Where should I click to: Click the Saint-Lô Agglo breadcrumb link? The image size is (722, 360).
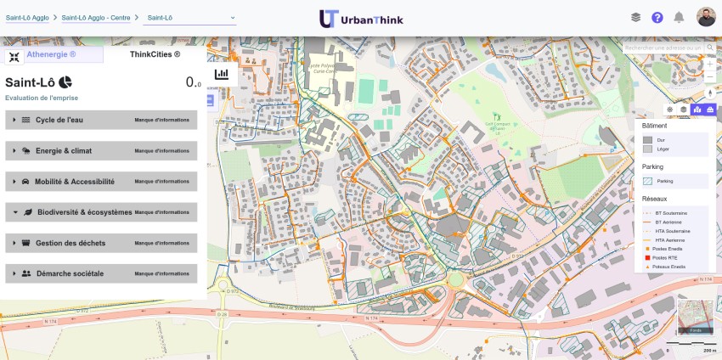tap(27, 17)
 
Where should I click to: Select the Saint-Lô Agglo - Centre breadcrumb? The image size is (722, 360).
tap(96, 17)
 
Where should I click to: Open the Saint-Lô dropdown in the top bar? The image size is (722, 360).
tap(189, 17)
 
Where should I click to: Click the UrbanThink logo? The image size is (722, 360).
tap(361, 19)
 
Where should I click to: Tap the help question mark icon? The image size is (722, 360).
tap(657, 18)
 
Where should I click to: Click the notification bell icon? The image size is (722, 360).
tap(679, 18)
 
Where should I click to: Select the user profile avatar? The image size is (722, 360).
tap(706, 18)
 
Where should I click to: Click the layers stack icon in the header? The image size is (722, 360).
tap(635, 18)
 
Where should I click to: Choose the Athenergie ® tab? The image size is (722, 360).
tap(53, 54)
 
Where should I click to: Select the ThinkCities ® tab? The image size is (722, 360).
tap(155, 54)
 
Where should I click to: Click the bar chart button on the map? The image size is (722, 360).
tap(222, 74)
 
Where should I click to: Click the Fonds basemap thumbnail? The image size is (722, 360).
tap(695, 317)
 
